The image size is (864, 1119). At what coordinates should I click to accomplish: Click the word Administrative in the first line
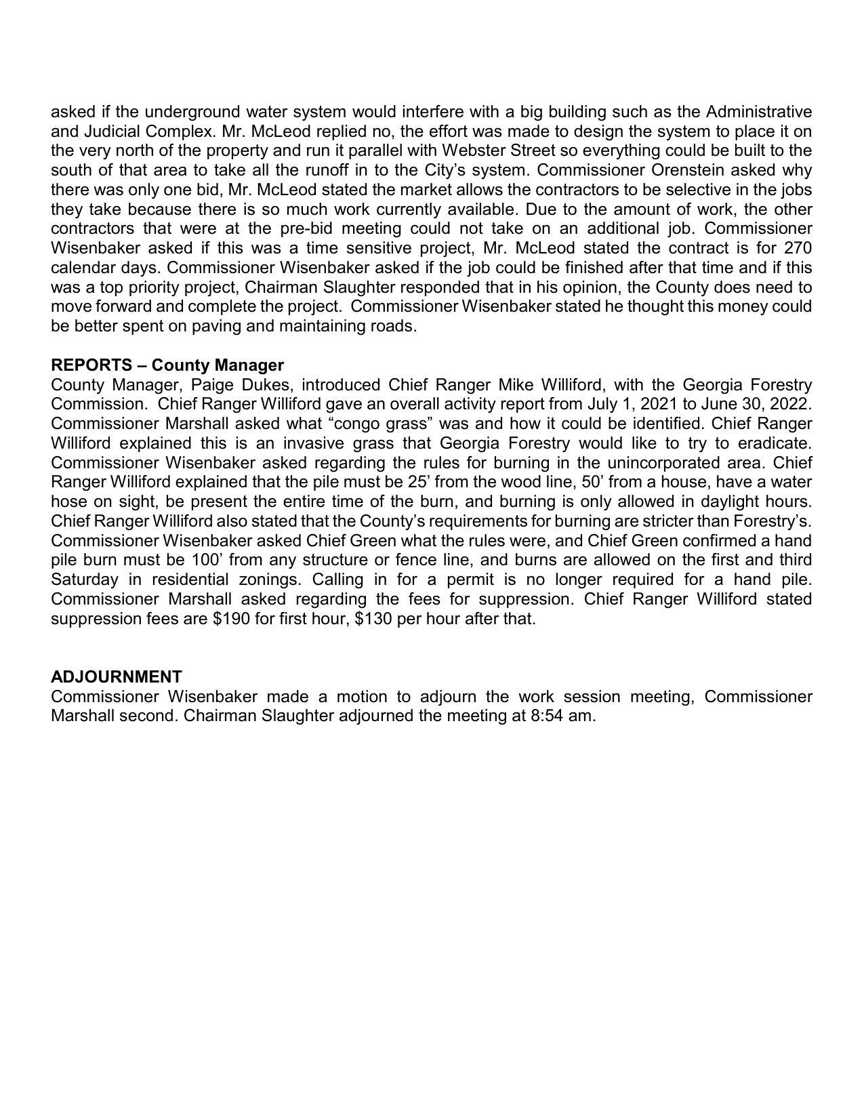click(759, 111)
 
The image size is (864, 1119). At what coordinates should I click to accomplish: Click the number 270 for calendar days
click(798, 248)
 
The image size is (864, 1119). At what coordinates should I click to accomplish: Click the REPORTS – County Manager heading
click(167, 365)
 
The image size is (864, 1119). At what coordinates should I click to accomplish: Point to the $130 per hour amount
click(373, 619)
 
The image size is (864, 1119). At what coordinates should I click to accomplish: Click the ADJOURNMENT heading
click(117, 677)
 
